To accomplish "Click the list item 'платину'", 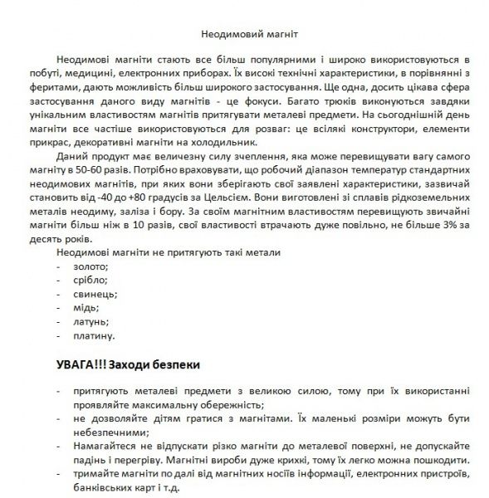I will pyautogui.click(x=95, y=336).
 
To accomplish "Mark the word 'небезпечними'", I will pyautogui.click(x=109, y=432).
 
